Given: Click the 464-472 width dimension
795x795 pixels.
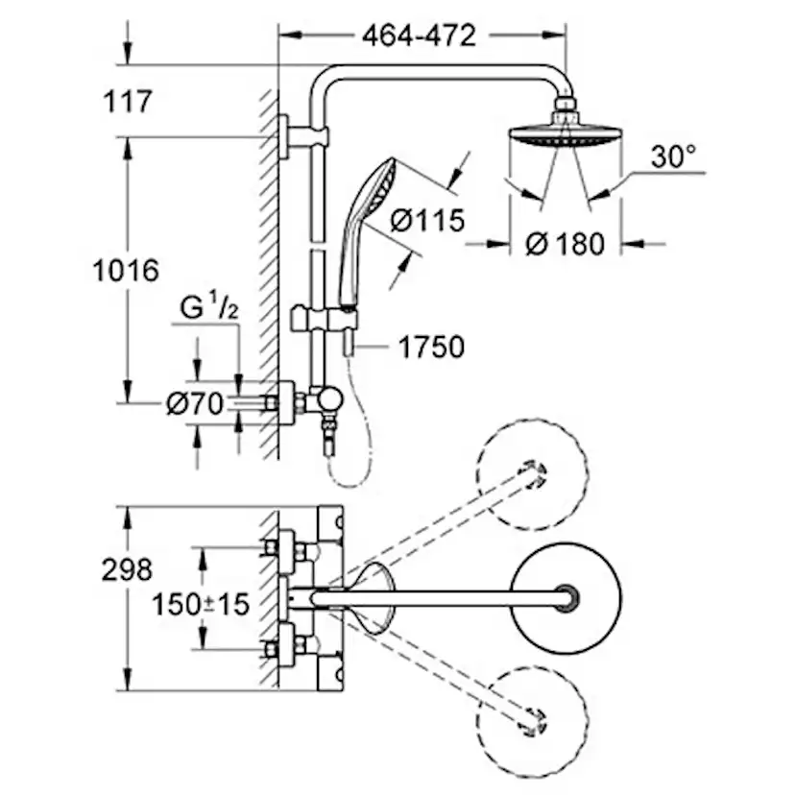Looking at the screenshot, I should (419, 36).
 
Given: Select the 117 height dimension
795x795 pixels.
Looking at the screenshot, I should (124, 100).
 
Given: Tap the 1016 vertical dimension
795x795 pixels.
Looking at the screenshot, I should (125, 270).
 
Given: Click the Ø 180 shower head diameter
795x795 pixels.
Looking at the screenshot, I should (566, 244).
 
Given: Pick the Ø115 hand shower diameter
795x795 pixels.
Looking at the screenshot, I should (427, 220).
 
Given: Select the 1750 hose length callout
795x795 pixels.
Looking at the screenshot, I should (430, 346).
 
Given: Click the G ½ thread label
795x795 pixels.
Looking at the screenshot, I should (207, 309).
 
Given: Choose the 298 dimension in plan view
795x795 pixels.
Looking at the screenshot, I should (126, 569).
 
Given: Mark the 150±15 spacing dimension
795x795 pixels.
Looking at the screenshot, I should (201, 604).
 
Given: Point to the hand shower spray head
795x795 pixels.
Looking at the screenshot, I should (373, 182).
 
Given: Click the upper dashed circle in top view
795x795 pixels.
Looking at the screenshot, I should (534, 472).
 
